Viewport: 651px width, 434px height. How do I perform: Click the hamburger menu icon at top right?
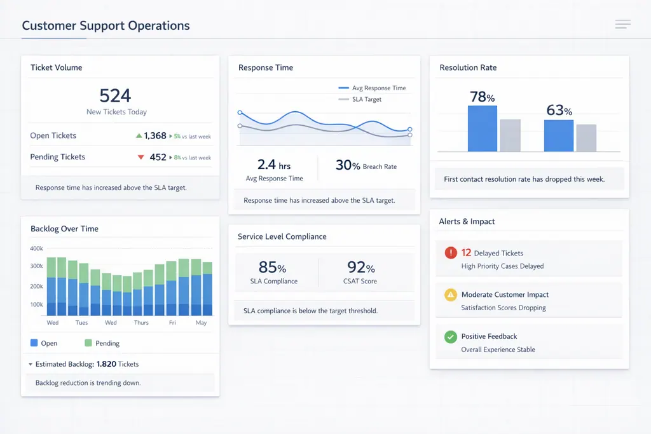[622, 25]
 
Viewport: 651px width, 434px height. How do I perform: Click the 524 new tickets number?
[115, 96]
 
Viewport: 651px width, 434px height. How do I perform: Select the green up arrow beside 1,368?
[139, 136]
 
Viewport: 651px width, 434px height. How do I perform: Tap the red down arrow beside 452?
[141, 157]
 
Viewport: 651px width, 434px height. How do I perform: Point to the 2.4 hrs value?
[274, 165]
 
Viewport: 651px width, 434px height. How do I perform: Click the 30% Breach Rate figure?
[348, 165]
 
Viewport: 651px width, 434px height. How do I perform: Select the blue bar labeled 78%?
[482, 129]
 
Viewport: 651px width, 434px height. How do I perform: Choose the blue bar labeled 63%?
[558, 136]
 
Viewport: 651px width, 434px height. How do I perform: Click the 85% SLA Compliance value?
[272, 268]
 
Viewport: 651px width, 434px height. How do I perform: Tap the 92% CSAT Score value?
[360, 268]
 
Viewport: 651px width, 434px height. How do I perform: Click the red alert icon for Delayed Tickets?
[451, 253]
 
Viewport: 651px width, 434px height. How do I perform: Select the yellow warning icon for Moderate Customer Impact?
[451, 295]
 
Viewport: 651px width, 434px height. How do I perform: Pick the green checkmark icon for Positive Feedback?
[451, 337]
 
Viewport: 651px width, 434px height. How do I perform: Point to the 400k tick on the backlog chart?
[36, 248]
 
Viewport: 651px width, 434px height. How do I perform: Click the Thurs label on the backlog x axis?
[141, 323]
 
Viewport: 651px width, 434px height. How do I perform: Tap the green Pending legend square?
[88, 343]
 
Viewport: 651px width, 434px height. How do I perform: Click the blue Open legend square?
[34, 343]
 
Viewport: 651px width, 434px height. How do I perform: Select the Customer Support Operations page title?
[106, 26]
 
